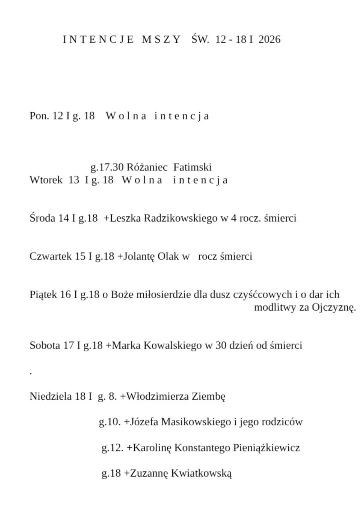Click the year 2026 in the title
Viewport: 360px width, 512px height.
(x=270, y=40)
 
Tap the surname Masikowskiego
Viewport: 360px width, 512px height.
(x=194, y=422)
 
